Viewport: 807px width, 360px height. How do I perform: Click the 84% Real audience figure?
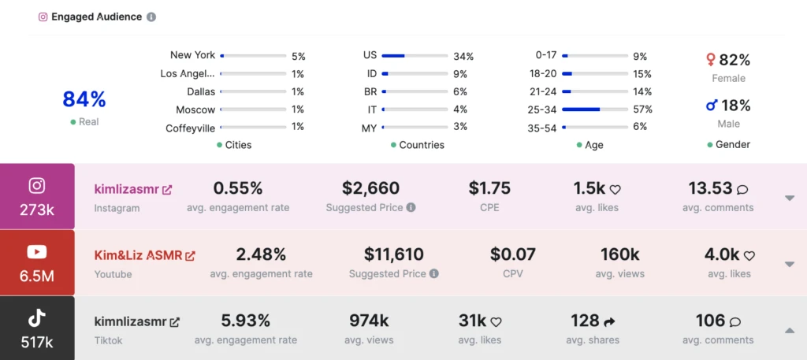[x=84, y=100]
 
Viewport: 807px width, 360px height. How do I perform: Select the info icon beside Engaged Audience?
[x=151, y=17]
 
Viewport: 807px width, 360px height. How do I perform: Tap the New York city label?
[x=192, y=55]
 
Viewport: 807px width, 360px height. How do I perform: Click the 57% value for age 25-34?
[x=642, y=109]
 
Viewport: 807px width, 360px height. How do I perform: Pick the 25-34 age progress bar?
[x=595, y=109]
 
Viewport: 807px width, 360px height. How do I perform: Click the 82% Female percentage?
[x=728, y=60]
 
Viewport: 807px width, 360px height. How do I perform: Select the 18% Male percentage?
[x=728, y=106]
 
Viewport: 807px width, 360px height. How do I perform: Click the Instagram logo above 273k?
[x=37, y=186]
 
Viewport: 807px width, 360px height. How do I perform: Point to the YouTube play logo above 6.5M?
[x=37, y=252]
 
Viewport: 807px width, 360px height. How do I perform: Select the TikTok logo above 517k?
[x=37, y=318]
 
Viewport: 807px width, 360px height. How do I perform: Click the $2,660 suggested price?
[x=370, y=188]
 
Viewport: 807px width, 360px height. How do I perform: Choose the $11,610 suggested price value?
[x=393, y=254]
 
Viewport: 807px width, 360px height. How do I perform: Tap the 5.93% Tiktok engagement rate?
[x=246, y=321]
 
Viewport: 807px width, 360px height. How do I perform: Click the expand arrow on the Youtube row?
[x=790, y=264]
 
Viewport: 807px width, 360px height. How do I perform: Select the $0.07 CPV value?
[x=512, y=254]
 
